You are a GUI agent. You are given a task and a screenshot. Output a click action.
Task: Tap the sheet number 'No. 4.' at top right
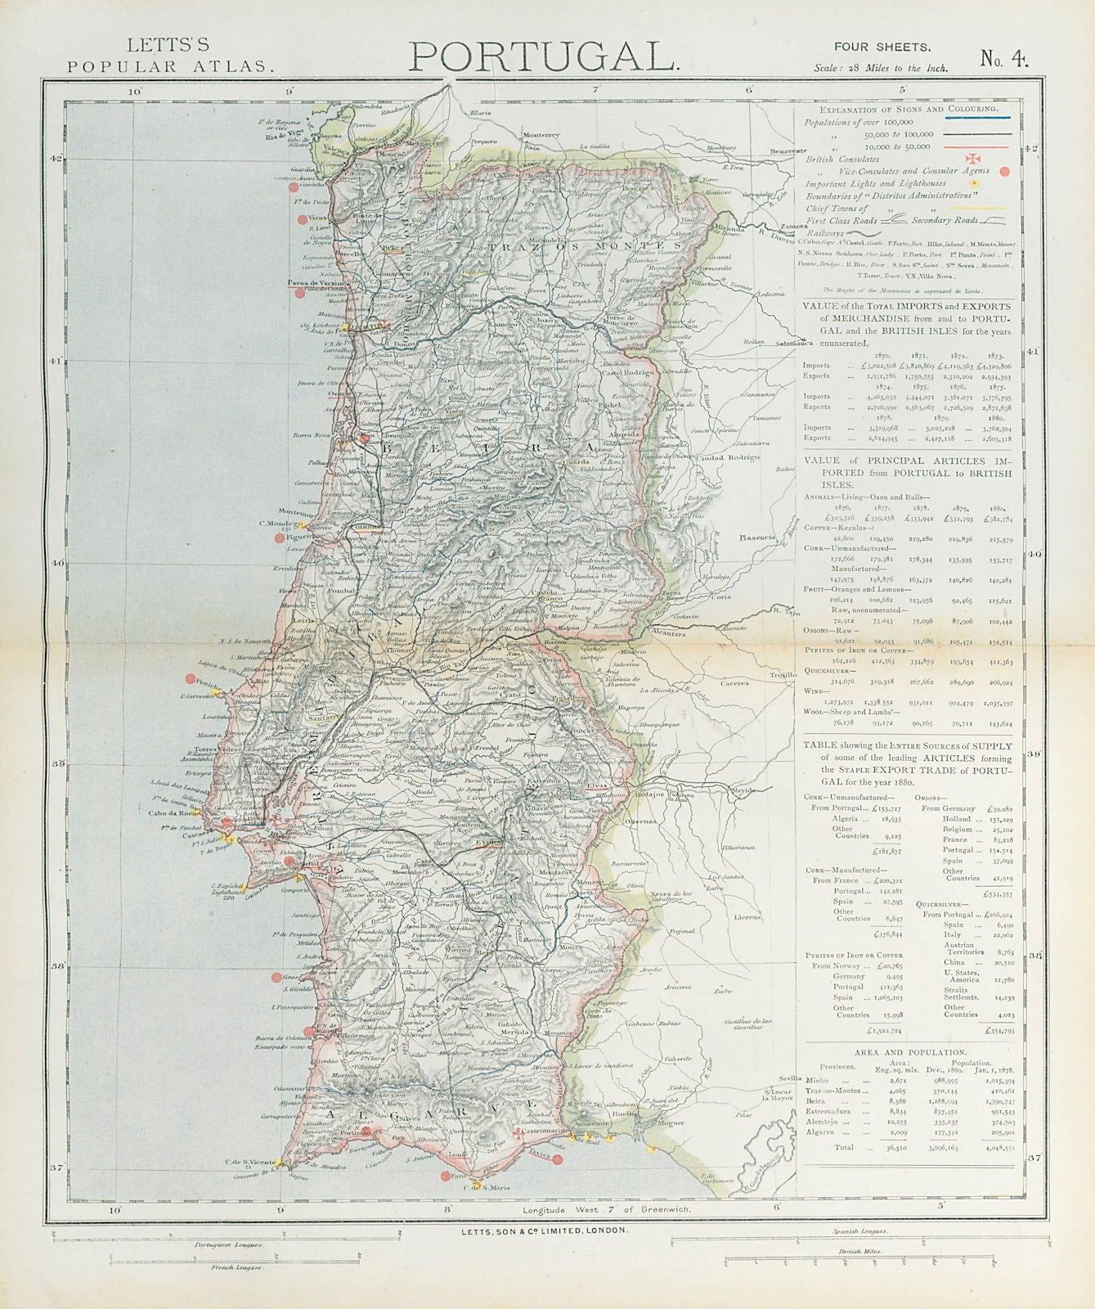pyautogui.click(x=1004, y=58)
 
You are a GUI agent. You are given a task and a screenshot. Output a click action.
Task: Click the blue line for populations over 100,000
pyautogui.click(x=977, y=120)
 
